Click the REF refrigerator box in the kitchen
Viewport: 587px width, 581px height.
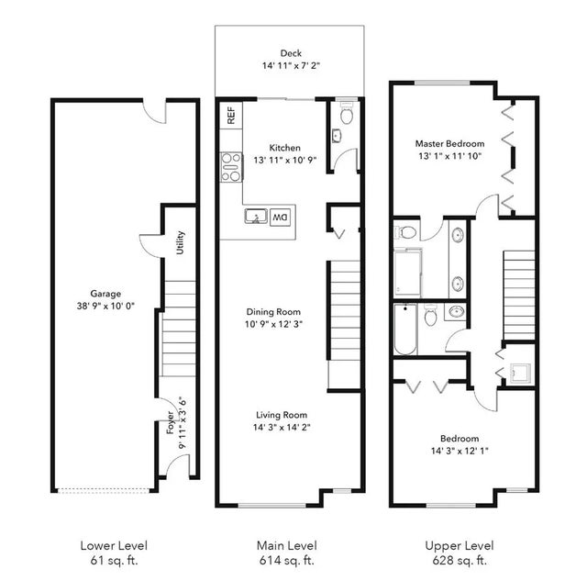[231, 116]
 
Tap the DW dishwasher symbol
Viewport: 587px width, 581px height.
[278, 217]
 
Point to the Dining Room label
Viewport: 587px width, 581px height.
[271, 310]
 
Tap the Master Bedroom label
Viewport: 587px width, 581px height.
[449, 143]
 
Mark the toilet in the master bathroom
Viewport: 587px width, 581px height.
[407, 230]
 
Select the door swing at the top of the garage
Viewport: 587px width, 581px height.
[158, 112]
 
